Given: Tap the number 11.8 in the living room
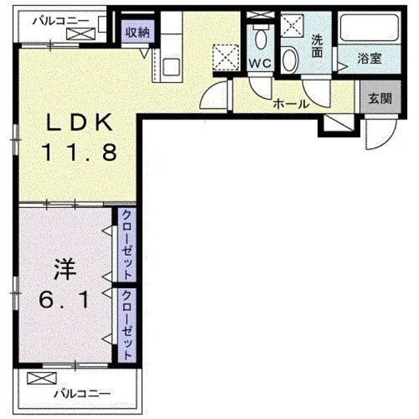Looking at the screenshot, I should click(x=80, y=153).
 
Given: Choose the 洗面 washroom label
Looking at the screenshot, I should click(x=318, y=46).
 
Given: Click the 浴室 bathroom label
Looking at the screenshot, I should click(x=369, y=58).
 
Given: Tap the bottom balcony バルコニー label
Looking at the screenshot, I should click(x=82, y=393).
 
